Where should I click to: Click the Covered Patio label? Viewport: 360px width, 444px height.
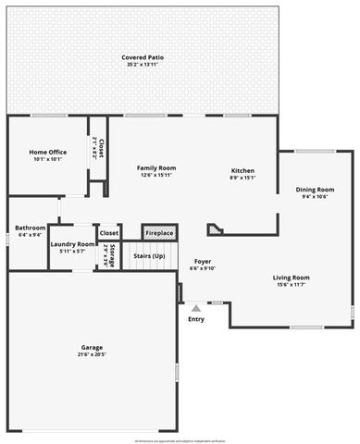point(143,57)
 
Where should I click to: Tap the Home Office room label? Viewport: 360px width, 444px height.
point(47,152)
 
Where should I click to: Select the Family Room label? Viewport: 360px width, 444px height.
point(156,167)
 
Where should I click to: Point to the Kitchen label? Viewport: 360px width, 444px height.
point(242,170)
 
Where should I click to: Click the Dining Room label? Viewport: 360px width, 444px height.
point(315,190)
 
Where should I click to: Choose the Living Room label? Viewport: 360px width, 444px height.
point(291,277)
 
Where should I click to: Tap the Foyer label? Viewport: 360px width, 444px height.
point(202,262)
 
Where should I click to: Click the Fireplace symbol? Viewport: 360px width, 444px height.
point(159,232)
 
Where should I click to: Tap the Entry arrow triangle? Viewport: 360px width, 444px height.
point(195,307)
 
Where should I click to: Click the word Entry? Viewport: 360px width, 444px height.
point(196,319)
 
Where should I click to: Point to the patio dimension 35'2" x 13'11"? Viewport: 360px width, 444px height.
point(143,65)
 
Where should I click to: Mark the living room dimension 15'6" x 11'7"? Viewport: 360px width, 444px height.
point(291,285)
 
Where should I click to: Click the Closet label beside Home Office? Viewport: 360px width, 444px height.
point(101,146)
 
